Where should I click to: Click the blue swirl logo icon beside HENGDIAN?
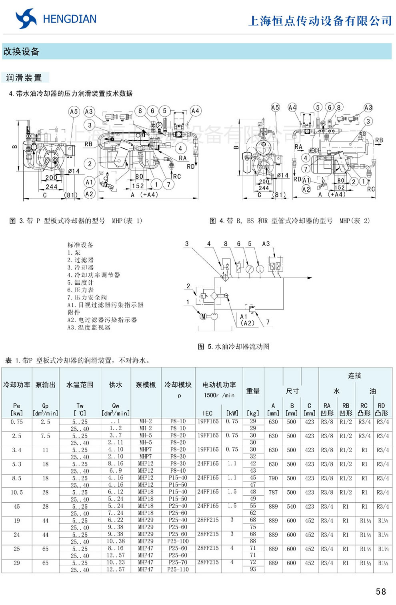coord(26,19)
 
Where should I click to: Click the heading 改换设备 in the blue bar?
coord(21,52)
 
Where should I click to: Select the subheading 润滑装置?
coord(24,78)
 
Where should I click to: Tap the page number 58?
coord(381,591)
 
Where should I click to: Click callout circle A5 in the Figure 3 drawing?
coord(74,112)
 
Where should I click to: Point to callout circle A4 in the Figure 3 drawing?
coord(195,111)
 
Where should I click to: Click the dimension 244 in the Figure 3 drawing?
coord(51,187)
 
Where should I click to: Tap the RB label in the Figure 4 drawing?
coord(379,140)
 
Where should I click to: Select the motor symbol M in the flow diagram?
coord(203,316)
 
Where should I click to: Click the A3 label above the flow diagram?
coord(266,244)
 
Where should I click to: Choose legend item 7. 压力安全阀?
coord(87,298)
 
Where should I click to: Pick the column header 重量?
coord(253,391)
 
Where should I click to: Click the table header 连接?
coord(354,375)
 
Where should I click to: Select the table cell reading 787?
coord(273,492)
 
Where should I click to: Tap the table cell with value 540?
coord(292,506)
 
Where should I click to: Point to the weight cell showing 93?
coord(253,569)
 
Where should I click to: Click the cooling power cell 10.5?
coord(17,492)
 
